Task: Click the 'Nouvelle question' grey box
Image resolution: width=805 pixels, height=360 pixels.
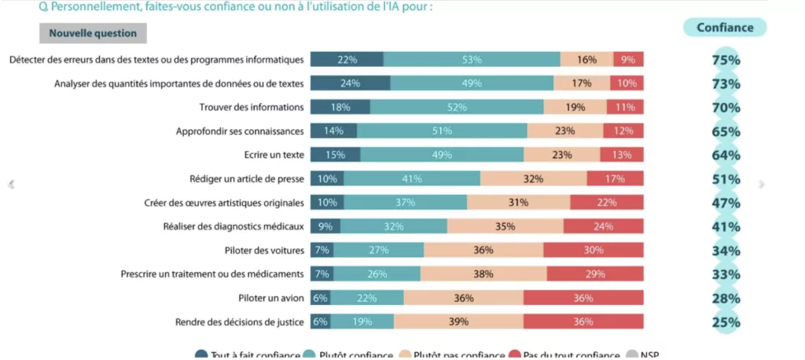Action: tap(93, 34)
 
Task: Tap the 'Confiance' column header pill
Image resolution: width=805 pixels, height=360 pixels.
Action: tap(725, 28)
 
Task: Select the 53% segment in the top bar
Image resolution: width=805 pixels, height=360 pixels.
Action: tap(472, 60)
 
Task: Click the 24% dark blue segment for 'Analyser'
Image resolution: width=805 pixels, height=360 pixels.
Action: tap(350, 83)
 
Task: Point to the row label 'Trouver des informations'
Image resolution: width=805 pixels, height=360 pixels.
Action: tap(251, 108)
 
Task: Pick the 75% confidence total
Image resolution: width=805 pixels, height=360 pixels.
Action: tap(726, 60)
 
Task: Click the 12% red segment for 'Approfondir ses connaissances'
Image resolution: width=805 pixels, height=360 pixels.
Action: tap(623, 131)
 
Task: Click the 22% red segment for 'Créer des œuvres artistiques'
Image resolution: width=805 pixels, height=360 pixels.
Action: tap(607, 203)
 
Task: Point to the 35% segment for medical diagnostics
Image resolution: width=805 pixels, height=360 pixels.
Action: tap(505, 227)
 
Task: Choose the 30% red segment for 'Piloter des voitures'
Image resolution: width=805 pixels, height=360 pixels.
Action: tap(594, 251)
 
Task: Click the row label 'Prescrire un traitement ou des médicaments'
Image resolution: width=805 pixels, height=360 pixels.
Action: tap(212, 274)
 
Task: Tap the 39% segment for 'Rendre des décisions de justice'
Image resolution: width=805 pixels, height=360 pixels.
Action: tap(458, 321)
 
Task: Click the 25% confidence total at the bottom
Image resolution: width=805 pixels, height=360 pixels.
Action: tap(726, 321)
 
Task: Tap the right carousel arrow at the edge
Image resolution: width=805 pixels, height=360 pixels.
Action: tap(761, 184)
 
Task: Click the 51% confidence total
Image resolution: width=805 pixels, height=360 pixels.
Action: tap(726, 179)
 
